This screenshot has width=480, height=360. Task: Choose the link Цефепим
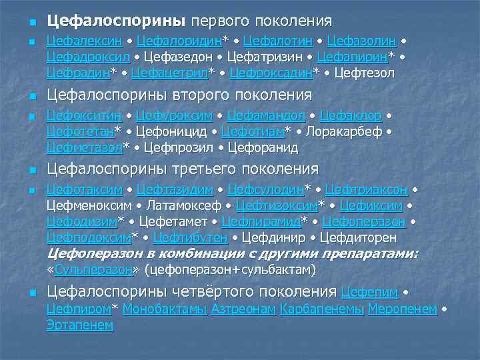tap(369, 292)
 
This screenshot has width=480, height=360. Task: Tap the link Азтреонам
tap(243, 309)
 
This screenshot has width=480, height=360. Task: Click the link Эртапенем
tap(80, 325)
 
